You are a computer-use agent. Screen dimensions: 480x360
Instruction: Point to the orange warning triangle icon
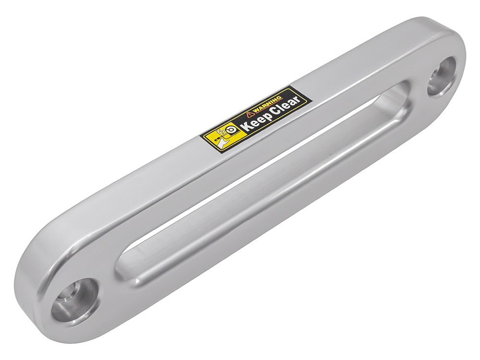coord(250,115)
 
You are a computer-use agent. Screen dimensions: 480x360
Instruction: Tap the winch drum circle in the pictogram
coord(232,130)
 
